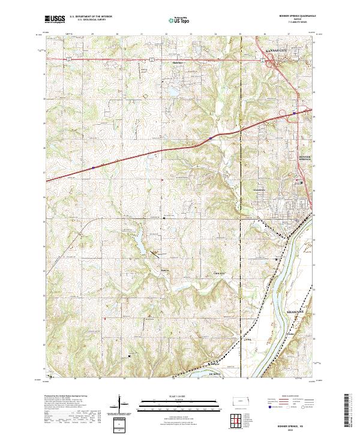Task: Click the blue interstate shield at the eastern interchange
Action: [294, 112]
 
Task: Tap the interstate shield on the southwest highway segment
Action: [94, 167]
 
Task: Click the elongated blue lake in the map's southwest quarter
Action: [139, 243]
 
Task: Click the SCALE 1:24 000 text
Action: [166, 395]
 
